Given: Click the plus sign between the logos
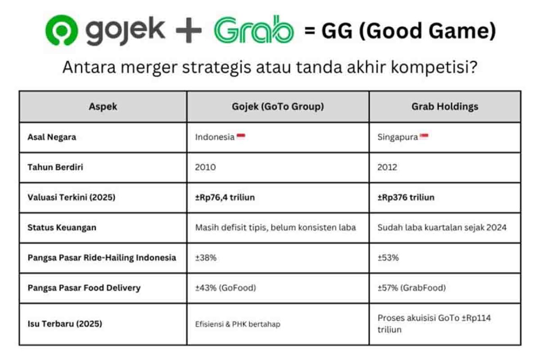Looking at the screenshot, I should click(189, 31).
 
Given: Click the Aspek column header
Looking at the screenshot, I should click(103, 107).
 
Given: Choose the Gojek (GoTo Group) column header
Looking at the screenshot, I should click(278, 107).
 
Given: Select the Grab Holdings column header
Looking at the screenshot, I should click(445, 107).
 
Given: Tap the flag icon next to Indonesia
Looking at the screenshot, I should click(241, 136).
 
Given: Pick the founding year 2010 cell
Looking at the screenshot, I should click(205, 167).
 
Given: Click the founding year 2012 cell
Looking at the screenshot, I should click(387, 167).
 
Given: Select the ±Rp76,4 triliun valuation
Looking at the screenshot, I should click(225, 197).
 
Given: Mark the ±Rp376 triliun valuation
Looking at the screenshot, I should click(406, 197).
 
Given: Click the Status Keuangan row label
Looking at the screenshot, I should click(62, 227).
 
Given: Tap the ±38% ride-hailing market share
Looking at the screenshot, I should click(205, 257).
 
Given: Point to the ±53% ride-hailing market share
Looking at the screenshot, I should click(388, 257).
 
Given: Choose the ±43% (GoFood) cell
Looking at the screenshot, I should click(226, 288).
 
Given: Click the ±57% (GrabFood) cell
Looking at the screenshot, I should click(412, 288).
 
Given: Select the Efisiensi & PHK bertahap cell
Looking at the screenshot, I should click(238, 324).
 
